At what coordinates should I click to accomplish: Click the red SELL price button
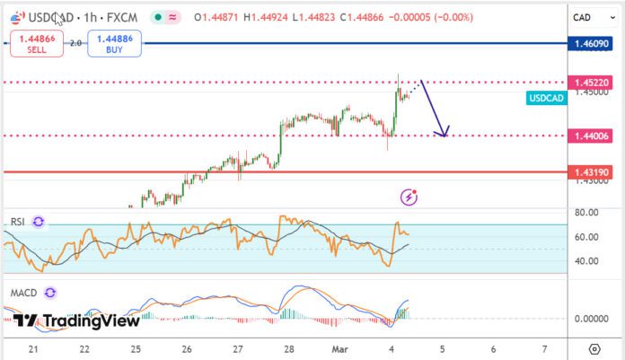click(36, 43)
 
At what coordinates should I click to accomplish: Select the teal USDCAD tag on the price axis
click(546, 99)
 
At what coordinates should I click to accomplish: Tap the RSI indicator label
click(18, 222)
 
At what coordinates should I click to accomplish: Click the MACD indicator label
click(22, 293)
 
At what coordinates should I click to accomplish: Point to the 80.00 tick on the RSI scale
click(586, 213)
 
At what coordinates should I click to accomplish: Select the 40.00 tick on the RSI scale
click(586, 261)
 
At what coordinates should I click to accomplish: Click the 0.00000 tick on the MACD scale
click(593, 319)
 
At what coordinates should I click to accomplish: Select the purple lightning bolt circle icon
click(409, 196)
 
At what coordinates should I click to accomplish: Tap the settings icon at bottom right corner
click(594, 348)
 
